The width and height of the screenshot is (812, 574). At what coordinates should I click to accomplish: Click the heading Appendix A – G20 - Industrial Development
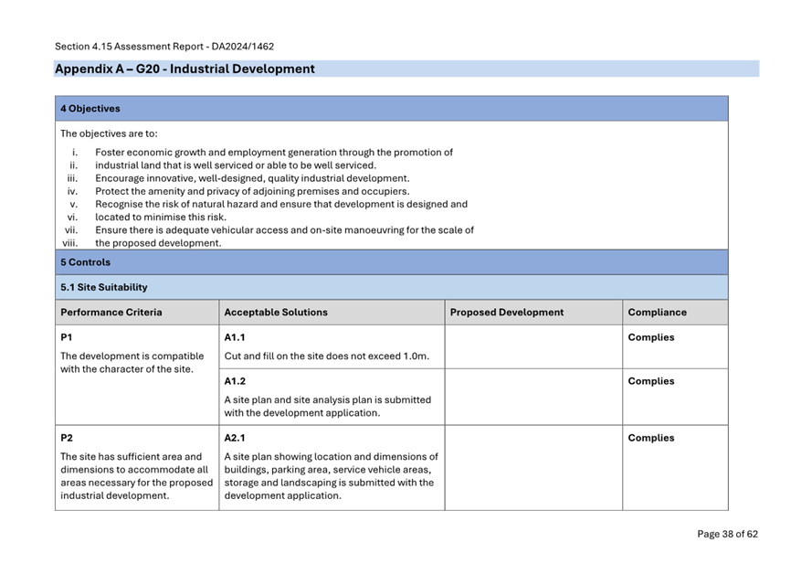[185, 69]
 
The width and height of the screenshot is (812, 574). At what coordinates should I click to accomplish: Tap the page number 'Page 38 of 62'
[727, 534]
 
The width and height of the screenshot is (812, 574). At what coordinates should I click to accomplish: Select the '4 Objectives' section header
[90, 109]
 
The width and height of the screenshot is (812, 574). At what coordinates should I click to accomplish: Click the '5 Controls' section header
[85, 262]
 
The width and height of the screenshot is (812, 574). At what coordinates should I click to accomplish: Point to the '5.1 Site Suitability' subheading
[103, 287]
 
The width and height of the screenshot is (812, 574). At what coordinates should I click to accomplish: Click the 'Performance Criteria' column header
[111, 313]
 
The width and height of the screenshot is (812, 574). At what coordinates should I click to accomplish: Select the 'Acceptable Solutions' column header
[276, 313]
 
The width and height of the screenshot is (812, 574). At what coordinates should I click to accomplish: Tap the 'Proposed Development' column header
[507, 313]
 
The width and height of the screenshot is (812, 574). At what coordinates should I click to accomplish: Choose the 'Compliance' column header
[658, 313]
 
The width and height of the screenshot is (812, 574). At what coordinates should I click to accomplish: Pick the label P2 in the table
[67, 438]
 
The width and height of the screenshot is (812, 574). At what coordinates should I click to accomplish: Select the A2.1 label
[236, 438]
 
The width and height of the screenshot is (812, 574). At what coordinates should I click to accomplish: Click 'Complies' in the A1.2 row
[651, 381]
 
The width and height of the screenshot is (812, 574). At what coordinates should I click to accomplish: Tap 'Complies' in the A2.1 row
[651, 438]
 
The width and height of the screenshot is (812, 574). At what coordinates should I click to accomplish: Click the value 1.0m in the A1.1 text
[416, 356]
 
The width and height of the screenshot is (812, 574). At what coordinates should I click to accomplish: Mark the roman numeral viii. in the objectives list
[70, 243]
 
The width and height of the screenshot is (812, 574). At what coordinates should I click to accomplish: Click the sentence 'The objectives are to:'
[109, 133]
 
